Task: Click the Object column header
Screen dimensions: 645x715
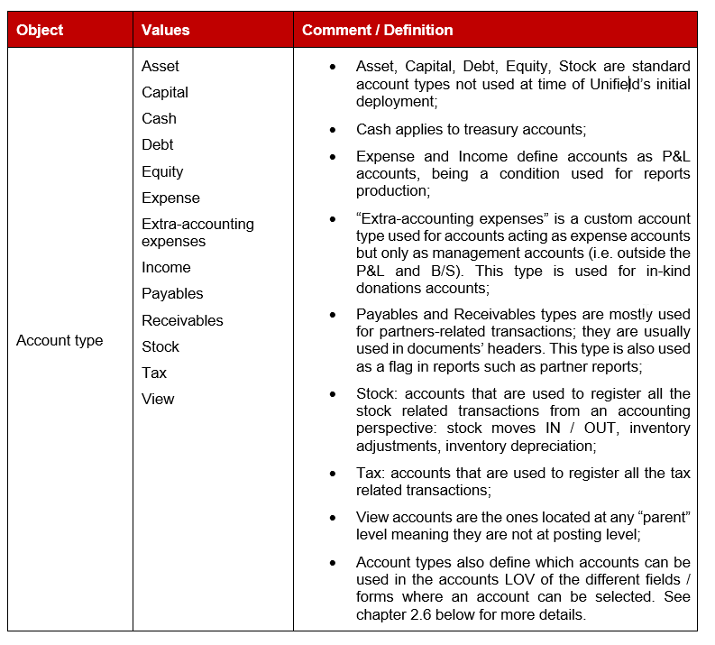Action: (x=40, y=30)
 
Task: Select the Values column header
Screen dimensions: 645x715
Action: (x=165, y=30)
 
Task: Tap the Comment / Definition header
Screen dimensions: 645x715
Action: (x=377, y=30)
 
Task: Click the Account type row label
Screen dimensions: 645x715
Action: (x=60, y=340)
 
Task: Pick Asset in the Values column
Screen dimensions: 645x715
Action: (x=160, y=66)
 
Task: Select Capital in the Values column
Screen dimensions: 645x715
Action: (x=165, y=92)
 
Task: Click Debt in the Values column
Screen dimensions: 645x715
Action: (x=157, y=144)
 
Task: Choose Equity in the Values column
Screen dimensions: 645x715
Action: (x=162, y=171)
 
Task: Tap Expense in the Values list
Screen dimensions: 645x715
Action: (x=170, y=198)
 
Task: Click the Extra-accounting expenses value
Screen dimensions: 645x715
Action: (x=197, y=232)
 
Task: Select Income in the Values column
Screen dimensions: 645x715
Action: (x=166, y=267)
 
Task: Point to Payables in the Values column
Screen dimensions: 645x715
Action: (x=172, y=293)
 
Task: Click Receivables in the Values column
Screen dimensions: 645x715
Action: (x=182, y=320)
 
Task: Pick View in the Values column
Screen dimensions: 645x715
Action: (x=158, y=399)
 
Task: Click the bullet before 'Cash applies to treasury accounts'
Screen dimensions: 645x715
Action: (x=334, y=129)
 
